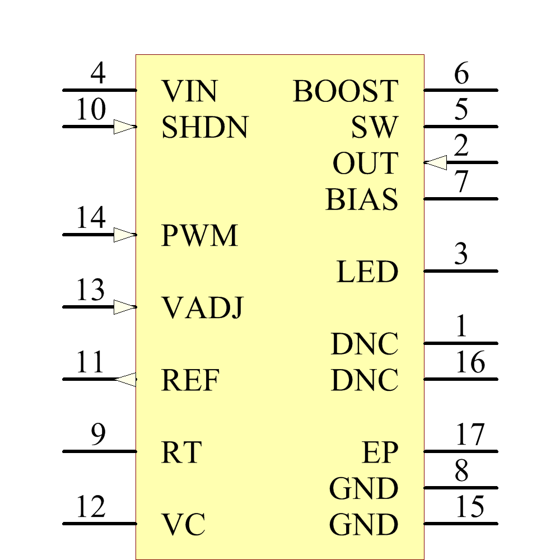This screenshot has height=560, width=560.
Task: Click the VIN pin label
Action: pos(189,91)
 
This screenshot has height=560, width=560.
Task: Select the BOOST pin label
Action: pos(346,91)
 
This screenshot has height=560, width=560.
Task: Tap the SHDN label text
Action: pos(204,128)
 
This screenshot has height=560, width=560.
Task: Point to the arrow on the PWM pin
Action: pos(124,235)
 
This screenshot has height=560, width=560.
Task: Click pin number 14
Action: pos(91,217)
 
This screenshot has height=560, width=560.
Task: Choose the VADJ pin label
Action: pos(202,308)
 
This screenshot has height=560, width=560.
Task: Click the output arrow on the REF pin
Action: pos(125,379)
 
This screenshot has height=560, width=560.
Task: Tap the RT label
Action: pos(181,452)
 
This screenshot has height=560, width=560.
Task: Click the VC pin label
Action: pos(184,525)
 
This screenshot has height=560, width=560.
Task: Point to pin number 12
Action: pos(91,507)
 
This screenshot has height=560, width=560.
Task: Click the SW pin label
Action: pos(375,128)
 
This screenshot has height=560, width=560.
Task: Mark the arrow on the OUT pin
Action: pos(436,162)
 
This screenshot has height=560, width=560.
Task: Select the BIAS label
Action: pos(362,199)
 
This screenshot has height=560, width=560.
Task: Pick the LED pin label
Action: pos(367,272)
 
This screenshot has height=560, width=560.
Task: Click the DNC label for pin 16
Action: pos(365,381)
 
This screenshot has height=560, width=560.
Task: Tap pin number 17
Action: pos(470,435)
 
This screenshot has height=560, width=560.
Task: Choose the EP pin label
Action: pos(380,452)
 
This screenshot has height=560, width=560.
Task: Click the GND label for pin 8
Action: pos(364,488)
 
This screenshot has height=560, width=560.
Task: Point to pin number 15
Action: pos(470,507)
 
